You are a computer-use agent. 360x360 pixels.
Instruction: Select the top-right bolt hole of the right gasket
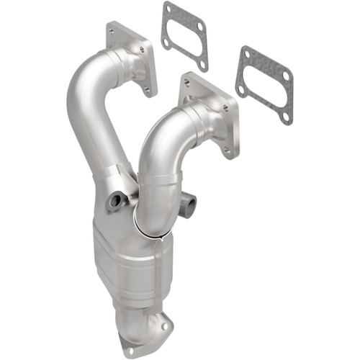285,76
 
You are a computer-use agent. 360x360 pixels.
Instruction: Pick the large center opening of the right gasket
264,84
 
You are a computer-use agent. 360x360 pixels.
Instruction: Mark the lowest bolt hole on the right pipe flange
226,150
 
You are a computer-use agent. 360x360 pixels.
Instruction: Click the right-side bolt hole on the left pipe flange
150,50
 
